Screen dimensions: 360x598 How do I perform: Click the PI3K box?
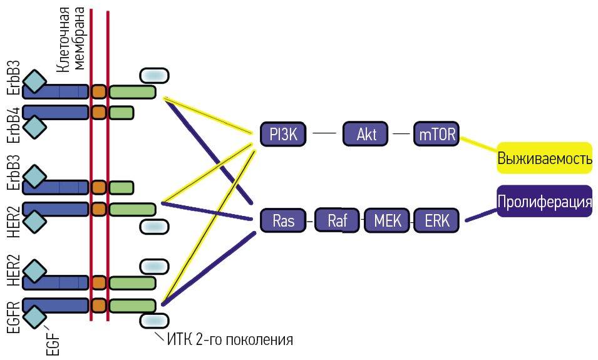pyautogui.click(x=283, y=133)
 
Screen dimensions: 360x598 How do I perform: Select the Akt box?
pyautogui.click(x=366, y=133)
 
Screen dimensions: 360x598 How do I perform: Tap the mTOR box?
pyautogui.click(x=436, y=133)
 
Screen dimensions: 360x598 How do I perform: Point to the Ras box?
pyautogui.click(x=283, y=220)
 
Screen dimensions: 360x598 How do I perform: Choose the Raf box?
pyautogui.click(x=337, y=220)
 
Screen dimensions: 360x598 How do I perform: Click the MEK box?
pyautogui.click(x=388, y=220)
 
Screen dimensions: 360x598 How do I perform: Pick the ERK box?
pyautogui.click(x=436, y=220)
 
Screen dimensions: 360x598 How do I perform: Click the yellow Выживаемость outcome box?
pyautogui.click(x=544, y=158)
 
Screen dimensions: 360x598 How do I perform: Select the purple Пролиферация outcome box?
pyautogui.click(x=544, y=202)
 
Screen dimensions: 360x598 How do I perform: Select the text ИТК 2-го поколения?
pyautogui.click(x=230, y=341)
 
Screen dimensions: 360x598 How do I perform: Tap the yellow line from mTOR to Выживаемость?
pyautogui.click(x=478, y=145)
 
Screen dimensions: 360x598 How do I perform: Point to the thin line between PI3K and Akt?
pyautogui.click(x=324, y=133)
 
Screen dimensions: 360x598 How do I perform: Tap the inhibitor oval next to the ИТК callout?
pyautogui.click(x=153, y=320)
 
